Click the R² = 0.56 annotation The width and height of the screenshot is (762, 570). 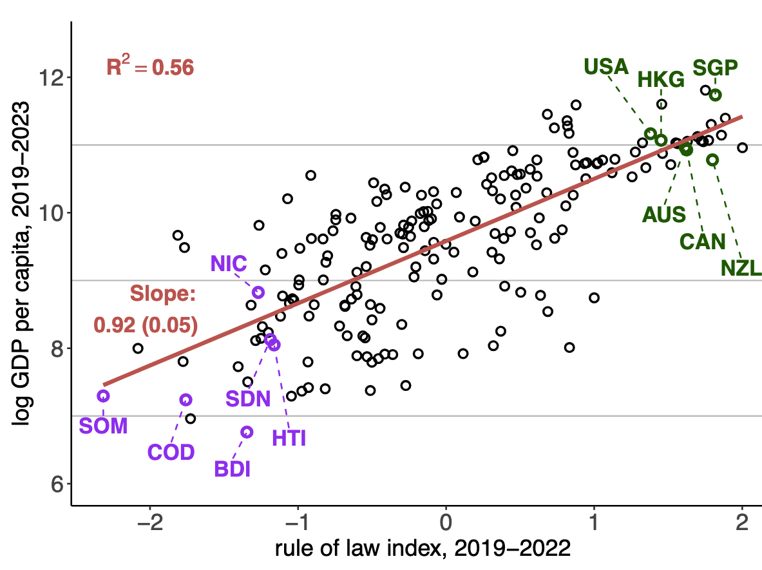point(149,67)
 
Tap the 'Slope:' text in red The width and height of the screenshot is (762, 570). point(162,294)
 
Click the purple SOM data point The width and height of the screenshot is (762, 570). point(103,395)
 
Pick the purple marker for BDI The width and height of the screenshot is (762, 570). point(247,432)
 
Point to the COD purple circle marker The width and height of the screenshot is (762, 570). point(186,400)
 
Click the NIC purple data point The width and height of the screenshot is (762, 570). point(258,292)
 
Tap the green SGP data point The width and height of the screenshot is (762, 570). point(715,95)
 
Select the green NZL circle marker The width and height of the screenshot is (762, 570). point(712,160)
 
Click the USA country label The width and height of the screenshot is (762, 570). point(605,66)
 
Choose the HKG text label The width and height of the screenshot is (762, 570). point(661,81)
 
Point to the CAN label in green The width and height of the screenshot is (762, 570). point(703,242)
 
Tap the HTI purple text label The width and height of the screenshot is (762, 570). point(289,439)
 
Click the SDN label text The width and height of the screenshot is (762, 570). point(248,399)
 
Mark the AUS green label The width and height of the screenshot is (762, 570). point(664,215)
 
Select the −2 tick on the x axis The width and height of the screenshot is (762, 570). point(149,521)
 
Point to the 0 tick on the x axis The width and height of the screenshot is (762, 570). point(446,521)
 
